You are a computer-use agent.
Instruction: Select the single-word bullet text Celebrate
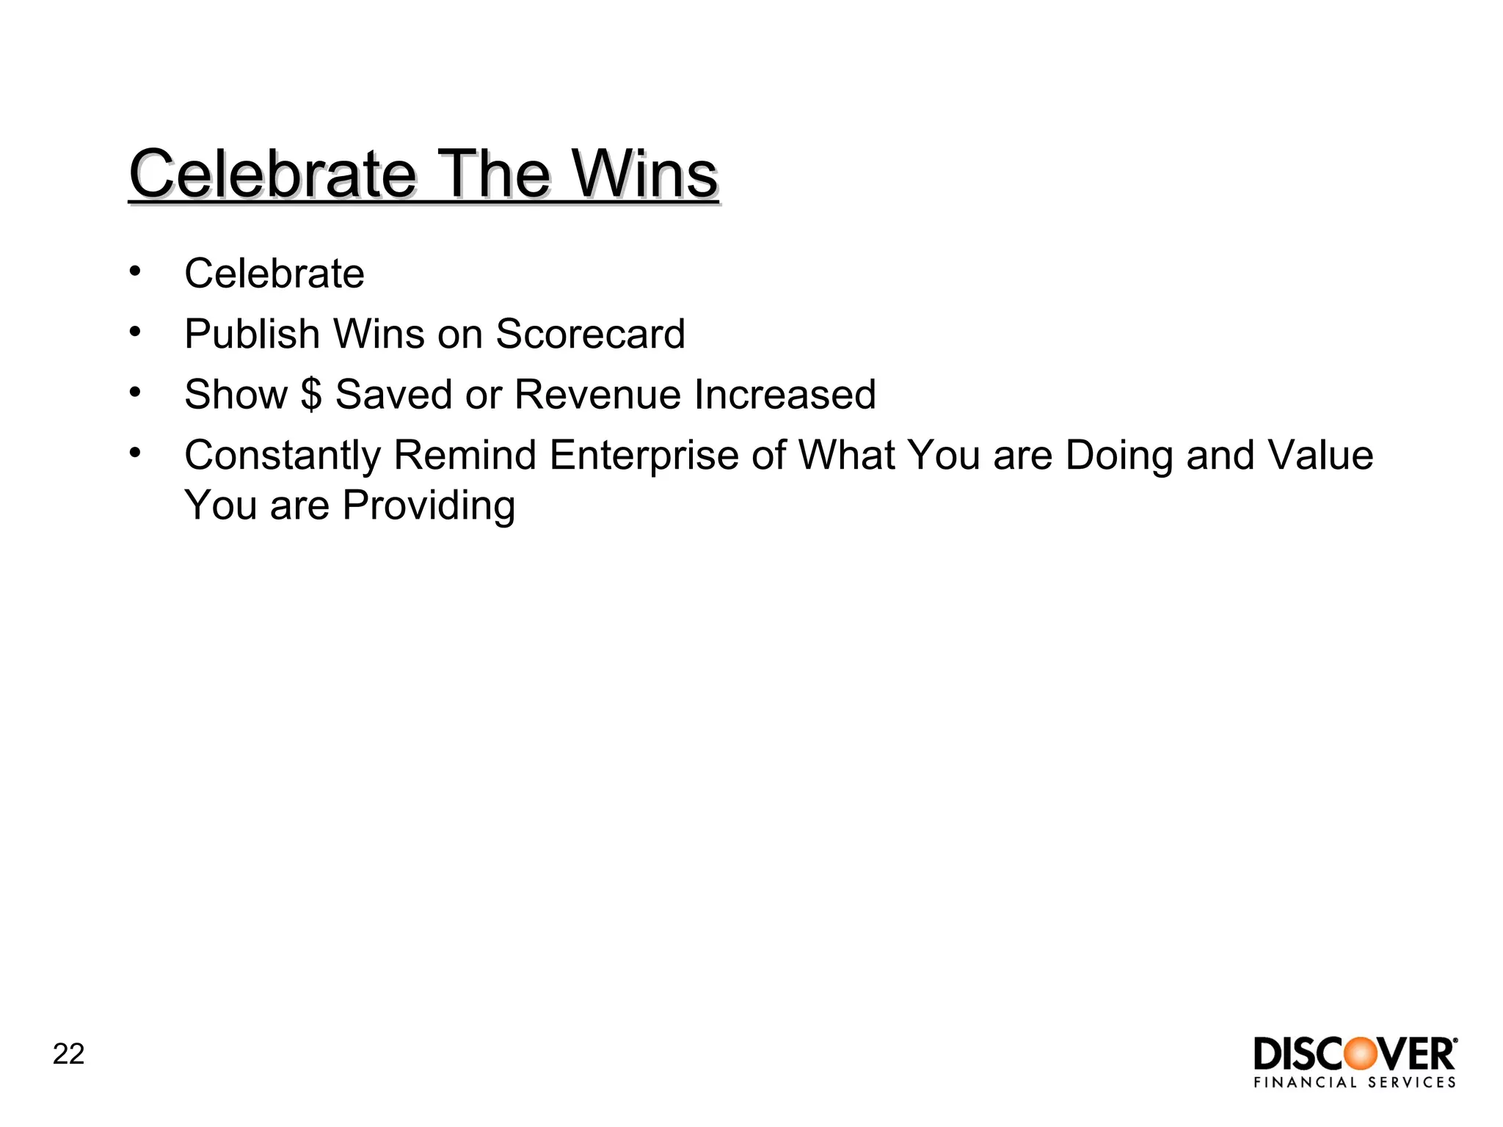click(274, 274)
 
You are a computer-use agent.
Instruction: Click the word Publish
click(252, 335)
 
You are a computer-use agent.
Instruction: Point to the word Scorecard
click(590, 335)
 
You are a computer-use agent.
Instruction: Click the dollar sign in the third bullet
click(311, 395)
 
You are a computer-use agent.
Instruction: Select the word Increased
click(785, 395)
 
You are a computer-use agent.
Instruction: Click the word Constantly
click(282, 456)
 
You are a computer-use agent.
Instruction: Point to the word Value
click(1320, 456)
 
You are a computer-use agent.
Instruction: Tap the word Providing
click(429, 506)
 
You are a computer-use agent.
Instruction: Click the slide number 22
click(68, 1054)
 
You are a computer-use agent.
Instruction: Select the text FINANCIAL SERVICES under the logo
click(1355, 1082)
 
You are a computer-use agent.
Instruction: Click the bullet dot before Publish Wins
click(134, 332)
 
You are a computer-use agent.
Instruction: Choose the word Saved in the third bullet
click(393, 395)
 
